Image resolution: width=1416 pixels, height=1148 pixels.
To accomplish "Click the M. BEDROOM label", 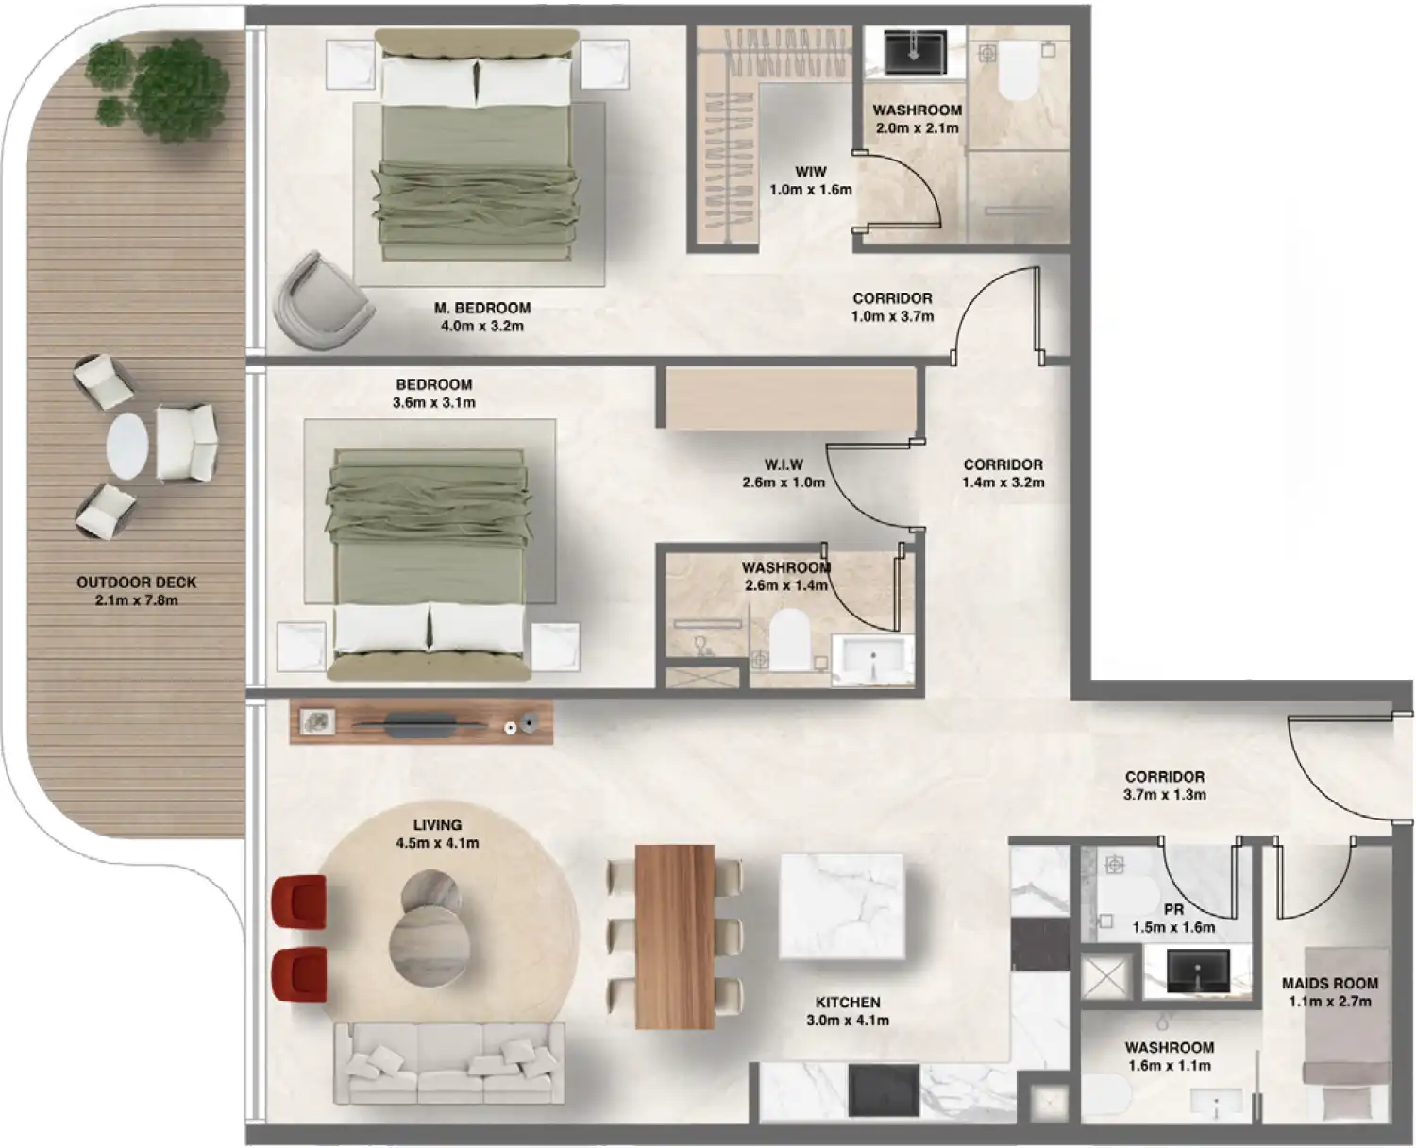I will click(x=481, y=308).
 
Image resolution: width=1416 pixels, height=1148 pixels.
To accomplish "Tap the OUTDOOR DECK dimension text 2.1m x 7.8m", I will click(x=137, y=600).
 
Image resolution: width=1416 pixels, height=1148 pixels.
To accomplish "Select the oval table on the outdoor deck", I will click(x=127, y=447).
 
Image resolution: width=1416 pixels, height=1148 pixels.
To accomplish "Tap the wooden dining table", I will click(x=674, y=936).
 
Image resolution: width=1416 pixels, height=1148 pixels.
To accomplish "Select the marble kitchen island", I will click(x=841, y=905).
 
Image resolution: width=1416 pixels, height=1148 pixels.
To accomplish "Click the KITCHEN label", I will click(x=848, y=1003).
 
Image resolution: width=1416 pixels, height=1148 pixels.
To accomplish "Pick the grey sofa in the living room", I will click(x=448, y=1063).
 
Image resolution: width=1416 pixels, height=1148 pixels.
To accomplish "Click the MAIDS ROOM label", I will click(x=1329, y=984).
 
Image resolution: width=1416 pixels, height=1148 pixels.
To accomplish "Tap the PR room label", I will click(x=1173, y=910).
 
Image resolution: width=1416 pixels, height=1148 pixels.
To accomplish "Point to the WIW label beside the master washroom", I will click(x=810, y=172).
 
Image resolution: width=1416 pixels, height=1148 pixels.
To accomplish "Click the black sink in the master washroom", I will click(x=914, y=50).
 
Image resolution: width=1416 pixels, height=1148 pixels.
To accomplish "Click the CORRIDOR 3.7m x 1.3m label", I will click(x=1164, y=777).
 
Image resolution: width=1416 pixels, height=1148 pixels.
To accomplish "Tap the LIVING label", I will click(x=437, y=825).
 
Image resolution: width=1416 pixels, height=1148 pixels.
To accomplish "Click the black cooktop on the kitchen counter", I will click(x=884, y=1089).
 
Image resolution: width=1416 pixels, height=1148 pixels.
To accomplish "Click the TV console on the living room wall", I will click(x=420, y=723).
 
